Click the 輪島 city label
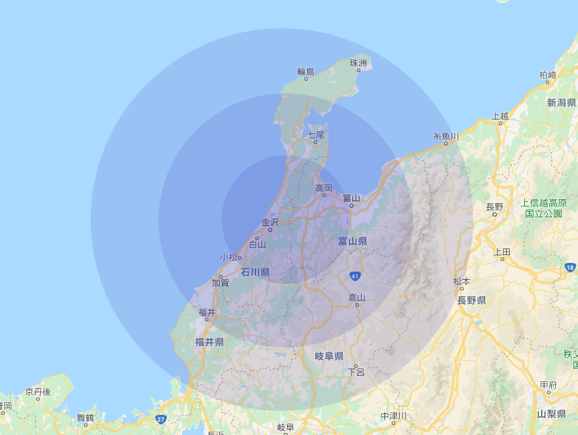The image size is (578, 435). pos(306,71)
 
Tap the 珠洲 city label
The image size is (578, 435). pos(358,63)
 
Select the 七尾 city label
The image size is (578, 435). pos(316,135)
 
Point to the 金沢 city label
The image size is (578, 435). pos(270,222)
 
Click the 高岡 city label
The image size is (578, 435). pos(324,188)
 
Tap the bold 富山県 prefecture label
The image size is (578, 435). pos(352,241)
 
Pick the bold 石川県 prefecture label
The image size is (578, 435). pos(255,272)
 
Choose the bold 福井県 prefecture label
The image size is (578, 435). pos(210,342)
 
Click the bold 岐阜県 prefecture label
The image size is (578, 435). pos(329,356)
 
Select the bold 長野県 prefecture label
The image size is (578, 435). pos(472,301)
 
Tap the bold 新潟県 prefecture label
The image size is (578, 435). pos(561,103)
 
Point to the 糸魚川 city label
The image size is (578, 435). pos(446,136)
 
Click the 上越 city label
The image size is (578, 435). pos(500,116)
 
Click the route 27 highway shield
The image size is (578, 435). pos(160,419)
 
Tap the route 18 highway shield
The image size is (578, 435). pos(570,268)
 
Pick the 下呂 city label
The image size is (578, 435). pos(356,372)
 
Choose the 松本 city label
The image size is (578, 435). pos(462,281)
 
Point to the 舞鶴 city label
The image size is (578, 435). pos(85,418)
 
